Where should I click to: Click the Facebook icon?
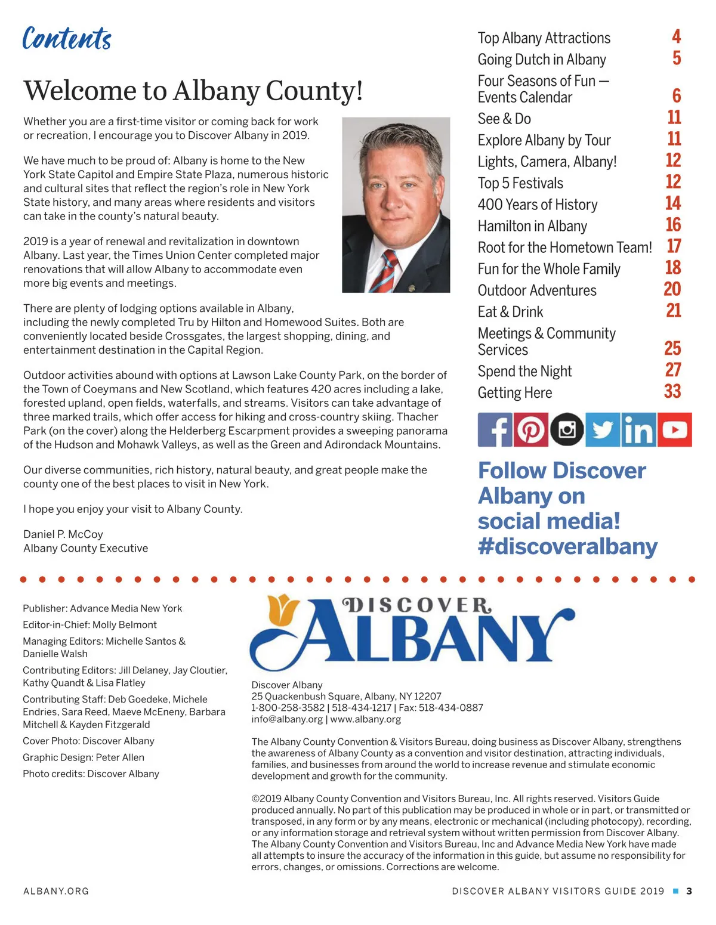click(495, 429)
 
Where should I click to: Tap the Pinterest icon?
click(531, 429)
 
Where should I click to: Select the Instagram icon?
click(567, 429)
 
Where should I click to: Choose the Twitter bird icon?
click(603, 429)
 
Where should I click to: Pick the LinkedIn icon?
click(638, 429)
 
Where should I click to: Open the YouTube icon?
click(675, 429)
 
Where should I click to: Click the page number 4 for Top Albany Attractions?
click(676, 37)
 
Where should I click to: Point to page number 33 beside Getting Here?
click(672, 391)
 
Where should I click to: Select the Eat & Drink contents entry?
click(510, 312)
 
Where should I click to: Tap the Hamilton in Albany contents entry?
click(532, 226)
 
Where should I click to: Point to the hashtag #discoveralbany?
click(567, 546)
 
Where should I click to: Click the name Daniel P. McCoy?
click(63, 534)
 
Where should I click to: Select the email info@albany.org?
click(287, 719)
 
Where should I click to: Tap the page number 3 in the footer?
click(689, 891)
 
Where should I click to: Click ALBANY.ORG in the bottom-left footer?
click(56, 891)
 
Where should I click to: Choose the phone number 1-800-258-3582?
click(288, 708)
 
